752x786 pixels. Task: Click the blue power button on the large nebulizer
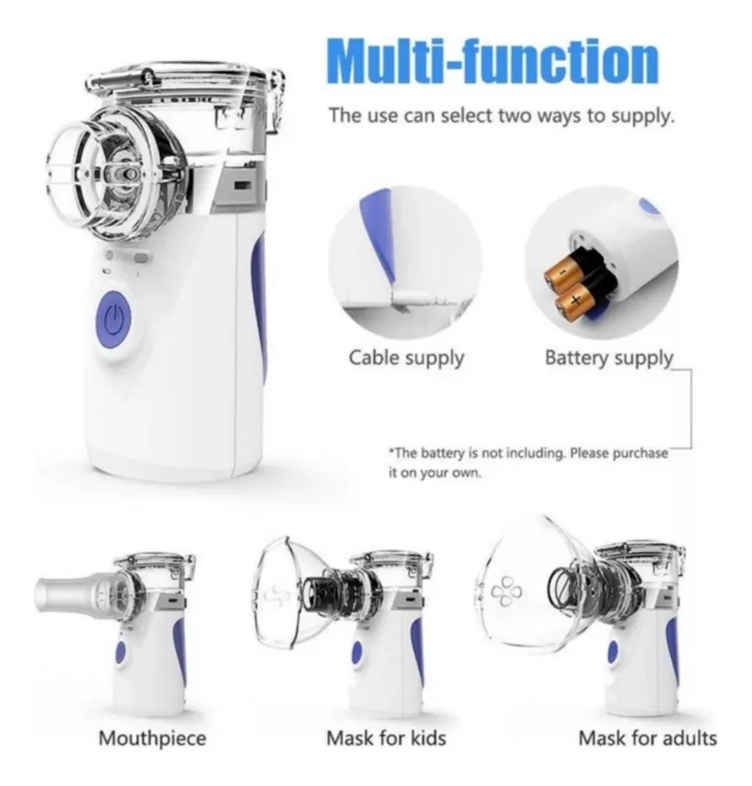click(114, 319)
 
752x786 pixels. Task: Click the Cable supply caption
click(406, 359)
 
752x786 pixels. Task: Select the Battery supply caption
click(609, 359)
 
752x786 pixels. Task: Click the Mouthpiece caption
click(152, 739)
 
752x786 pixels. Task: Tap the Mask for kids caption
click(386, 738)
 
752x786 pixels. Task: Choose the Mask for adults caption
click(648, 738)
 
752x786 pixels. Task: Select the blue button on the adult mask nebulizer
click(612, 653)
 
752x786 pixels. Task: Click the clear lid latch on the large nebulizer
click(276, 100)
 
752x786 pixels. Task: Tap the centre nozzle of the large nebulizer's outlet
click(124, 174)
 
